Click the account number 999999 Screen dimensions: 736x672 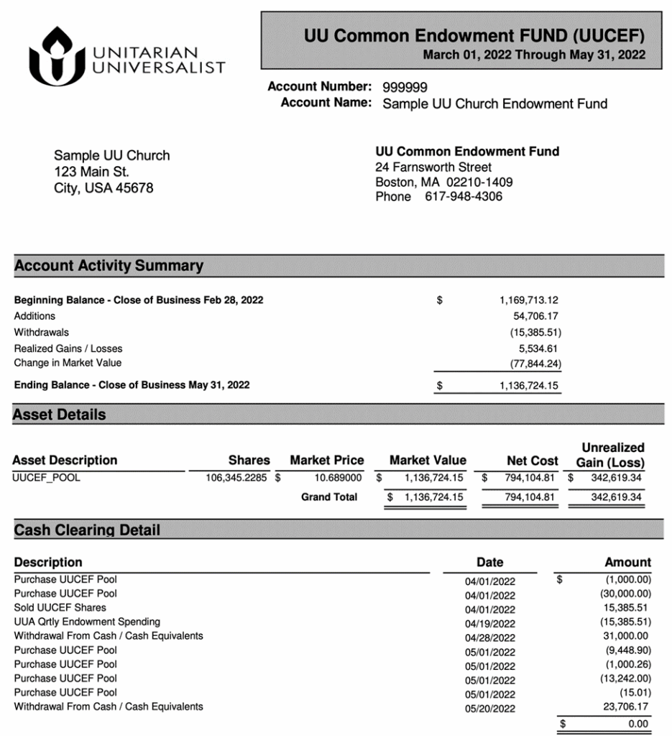tap(405, 88)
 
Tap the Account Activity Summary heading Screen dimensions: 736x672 tap(109, 266)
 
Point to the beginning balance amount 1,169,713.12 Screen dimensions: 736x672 tap(529, 300)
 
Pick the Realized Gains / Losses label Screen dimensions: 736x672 tap(68, 349)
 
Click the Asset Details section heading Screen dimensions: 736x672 tap(59, 415)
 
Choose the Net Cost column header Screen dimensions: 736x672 tap(533, 461)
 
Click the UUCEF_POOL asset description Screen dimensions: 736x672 tap(47, 477)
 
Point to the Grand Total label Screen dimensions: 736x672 tap(329, 497)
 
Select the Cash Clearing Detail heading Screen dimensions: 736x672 tap(87, 530)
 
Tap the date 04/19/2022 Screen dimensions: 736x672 tap(490, 624)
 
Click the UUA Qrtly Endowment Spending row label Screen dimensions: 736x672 tap(87, 622)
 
